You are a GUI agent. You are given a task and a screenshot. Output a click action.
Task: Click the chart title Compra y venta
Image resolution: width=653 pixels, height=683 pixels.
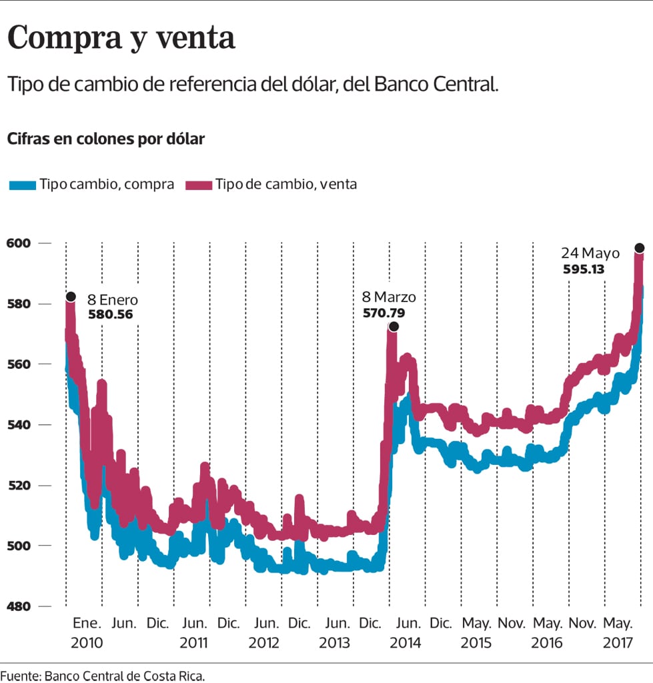tap(121, 38)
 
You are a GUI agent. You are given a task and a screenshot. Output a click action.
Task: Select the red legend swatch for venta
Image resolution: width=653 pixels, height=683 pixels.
tap(199, 185)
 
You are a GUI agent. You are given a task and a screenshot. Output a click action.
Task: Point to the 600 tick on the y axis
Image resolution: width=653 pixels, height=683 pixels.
tap(18, 243)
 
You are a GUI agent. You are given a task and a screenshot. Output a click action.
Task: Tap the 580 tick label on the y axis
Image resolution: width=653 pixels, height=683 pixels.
tap(18, 304)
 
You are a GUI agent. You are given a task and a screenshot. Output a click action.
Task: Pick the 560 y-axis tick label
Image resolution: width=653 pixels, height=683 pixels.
tap(18, 364)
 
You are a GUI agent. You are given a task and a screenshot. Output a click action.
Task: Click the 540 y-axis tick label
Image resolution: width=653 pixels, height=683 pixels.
tap(18, 425)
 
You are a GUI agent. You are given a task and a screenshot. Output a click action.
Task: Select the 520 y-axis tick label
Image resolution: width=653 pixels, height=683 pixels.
tap(18, 486)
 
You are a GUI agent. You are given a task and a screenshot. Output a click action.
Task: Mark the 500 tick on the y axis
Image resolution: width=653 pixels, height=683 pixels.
tap(18, 546)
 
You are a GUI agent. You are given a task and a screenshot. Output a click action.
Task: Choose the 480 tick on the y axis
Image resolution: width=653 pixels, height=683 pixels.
tap(18, 606)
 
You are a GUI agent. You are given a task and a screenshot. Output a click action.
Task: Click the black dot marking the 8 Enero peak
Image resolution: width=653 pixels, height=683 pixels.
tap(71, 297)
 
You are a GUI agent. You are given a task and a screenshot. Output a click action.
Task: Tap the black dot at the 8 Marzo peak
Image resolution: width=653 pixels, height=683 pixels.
tap(394, 327)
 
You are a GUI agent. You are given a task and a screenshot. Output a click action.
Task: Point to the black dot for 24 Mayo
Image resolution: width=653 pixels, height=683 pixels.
tap(639, 248)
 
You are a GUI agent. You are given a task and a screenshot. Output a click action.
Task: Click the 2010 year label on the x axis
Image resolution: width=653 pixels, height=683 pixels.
tap(86, 643)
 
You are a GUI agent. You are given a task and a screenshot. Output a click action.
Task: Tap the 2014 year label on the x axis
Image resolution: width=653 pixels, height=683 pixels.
tap(406, 643)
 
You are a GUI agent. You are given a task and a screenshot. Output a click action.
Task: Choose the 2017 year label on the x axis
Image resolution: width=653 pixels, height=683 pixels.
tap(618, 643)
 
